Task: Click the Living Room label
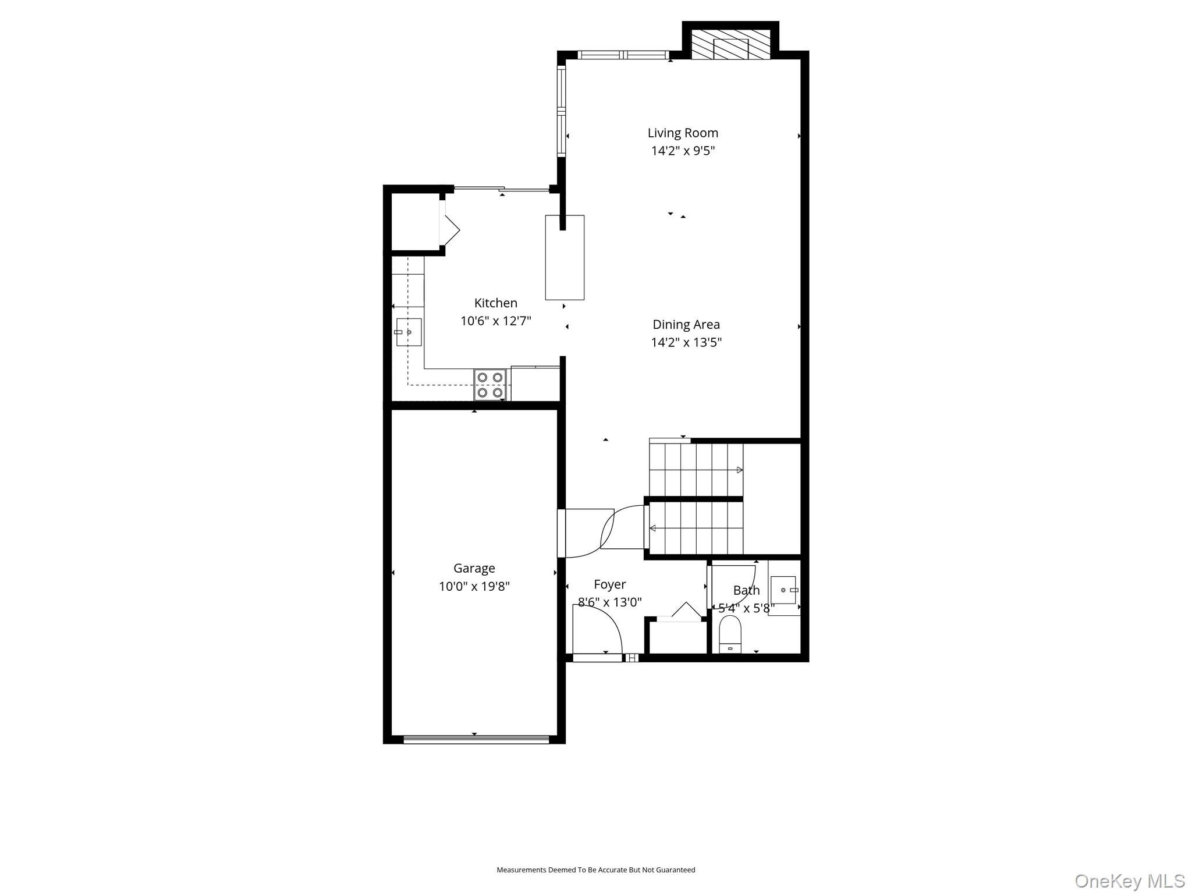pyautogui.click(x=683, y=133)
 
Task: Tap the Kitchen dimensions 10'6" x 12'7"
pyautogui.click(x=495, y=321)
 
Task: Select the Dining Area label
pyautogui.click(x=686, y=324)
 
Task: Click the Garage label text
pyautogui.click(x=474, y=568)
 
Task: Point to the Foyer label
pyautogui.click(x=609, y=584)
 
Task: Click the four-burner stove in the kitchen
pyautogui.click(x=489, y=385)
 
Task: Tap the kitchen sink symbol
pyautogui.click(x=409, y=332)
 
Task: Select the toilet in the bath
pyautogui.click(x=730, y=634)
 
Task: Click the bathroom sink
pyautogui.click(x=783, y=590)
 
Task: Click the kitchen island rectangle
pyautogui.click(x=564, y=257)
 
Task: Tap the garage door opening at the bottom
pyautogui.click(x=476, y=740)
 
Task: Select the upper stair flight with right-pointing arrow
pyautogui.click(x=696, y=470)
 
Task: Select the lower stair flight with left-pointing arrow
pyautogui.click(x=696, y=528)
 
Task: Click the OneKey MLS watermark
pyautogui.click(x=1129, y=881)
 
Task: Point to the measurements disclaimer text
pyautogui.click(x=595, y=870)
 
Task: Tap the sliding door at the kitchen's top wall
pyautogui.click(x=502, y=189)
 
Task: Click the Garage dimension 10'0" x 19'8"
pyautogui.click(x=474, y=586)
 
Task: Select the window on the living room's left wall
pyautogui.click(x=561, y=111)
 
